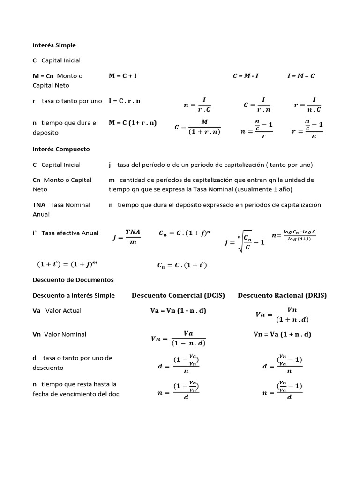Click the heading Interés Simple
54,45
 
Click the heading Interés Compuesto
61,149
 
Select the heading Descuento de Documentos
73,280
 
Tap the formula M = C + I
123,76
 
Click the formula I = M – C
301,76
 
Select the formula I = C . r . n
125,101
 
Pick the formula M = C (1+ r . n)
133,123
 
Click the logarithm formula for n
294,236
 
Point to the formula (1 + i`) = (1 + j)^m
67,264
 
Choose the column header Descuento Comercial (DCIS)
178,295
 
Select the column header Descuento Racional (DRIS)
282,295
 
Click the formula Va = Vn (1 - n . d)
178,310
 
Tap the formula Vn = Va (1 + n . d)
282,334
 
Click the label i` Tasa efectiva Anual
65,233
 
